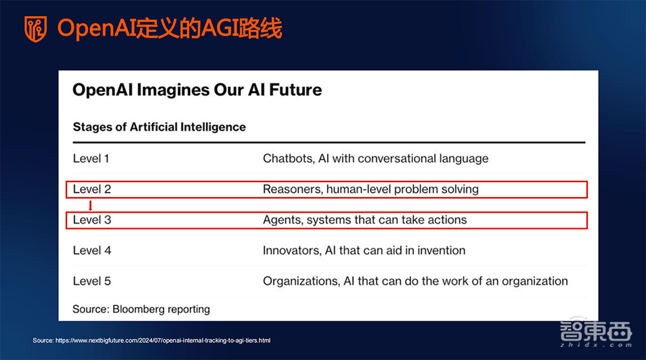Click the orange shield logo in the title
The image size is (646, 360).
[36, 29]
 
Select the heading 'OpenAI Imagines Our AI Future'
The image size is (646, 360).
[197, 89]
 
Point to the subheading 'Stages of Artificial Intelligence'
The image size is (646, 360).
[159, 127]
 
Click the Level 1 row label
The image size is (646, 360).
[92, 158]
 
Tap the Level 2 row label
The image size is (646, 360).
[92, 189]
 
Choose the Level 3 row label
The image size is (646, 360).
[92, 220]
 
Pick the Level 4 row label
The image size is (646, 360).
[92, 250]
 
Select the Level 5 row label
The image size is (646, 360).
[92, 281]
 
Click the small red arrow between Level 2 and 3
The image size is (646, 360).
[90, 206]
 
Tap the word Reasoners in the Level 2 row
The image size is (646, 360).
[291, 189]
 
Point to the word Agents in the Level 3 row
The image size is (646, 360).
[282, 220]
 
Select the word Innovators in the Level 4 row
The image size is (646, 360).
[291, 250]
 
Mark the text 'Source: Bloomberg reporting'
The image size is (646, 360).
[141, 309]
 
